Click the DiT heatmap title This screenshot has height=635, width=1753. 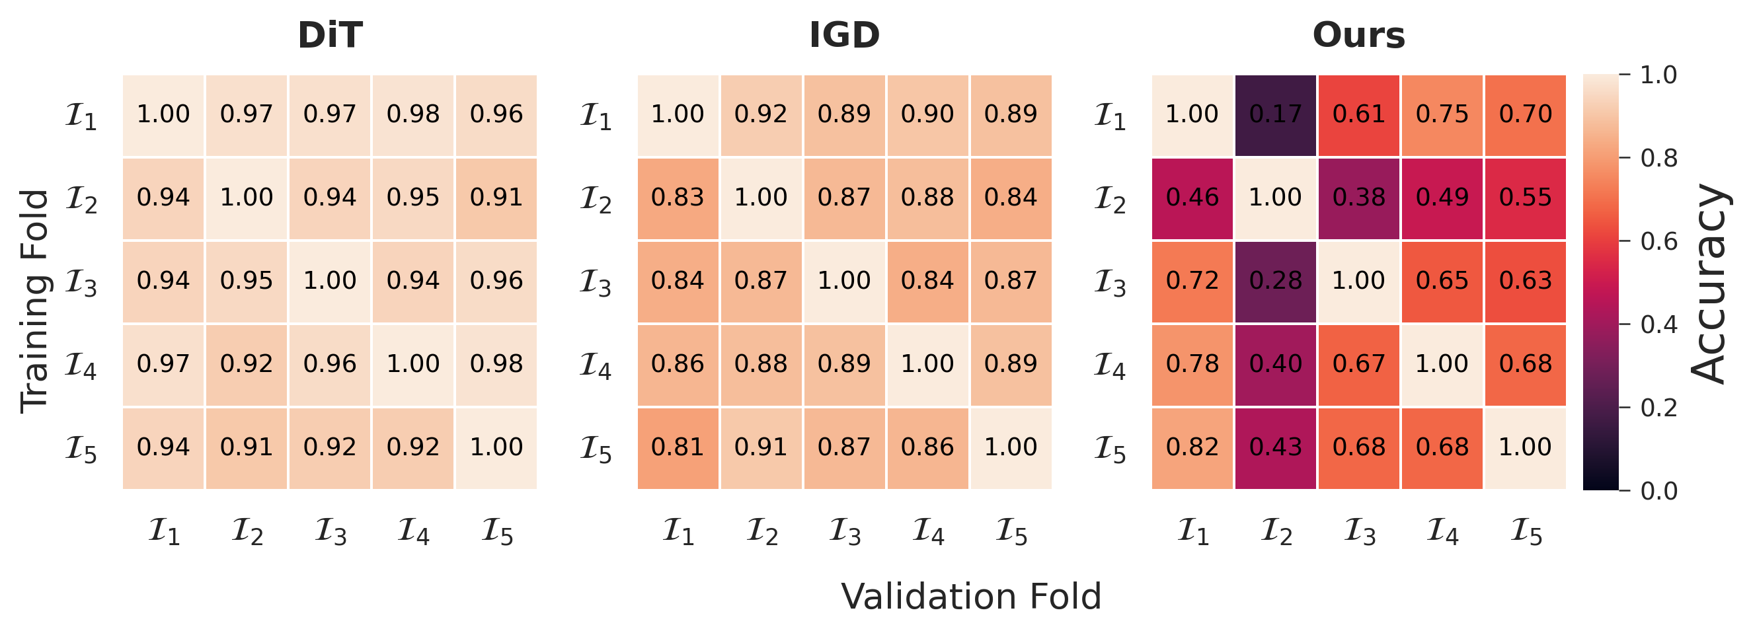pyautogui.click(x=330, y=36)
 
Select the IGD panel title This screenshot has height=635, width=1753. pyautogui.click(x=845, y=36)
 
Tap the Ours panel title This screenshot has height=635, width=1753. pyautogui.click(x=1359, y=36)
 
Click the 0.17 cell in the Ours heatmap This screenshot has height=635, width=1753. pyautogui.click(x=1275, y=114)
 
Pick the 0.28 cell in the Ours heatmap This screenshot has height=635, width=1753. pyautogui.click(x=1275, y=281)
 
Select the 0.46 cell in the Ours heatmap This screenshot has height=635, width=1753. pyautogui.click(x=1192, y=198)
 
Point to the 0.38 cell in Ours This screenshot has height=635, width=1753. pyautogui.click(x=1359, y=198)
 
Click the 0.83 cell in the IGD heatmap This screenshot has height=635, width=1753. pyautogui.click(x=678, y=198)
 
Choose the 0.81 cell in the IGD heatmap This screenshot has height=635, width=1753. pyautogui.click(x=678, y=448)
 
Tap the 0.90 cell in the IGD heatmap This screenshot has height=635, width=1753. pyautogui.click(x=927, y=114)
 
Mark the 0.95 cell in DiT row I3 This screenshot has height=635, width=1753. pyautogui.click(x=247, y=281)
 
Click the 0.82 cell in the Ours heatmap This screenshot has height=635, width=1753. pyautogui.click(x=1192, y=448)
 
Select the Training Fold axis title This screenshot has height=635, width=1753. pyautogui.click(x=34, y=300)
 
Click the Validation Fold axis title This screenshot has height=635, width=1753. pyautogui.click(x=971, y=597)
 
